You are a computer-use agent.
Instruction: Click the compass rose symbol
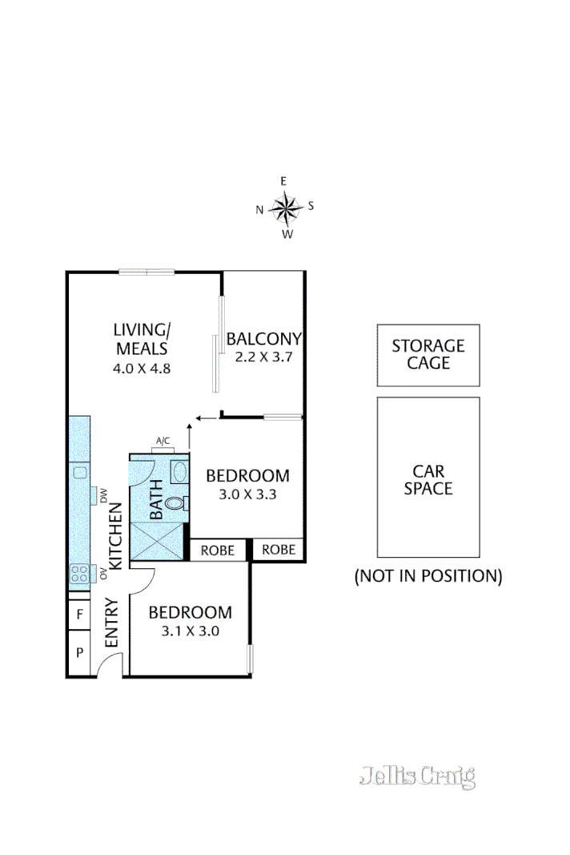pos(285,208)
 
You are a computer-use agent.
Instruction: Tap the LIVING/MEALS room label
pos(141,339)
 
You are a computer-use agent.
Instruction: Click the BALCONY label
pos(263,339)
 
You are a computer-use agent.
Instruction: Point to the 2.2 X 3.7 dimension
pos(263,357)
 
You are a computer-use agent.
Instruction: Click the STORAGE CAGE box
pos(427,355)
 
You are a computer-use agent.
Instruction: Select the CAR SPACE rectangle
pos(427,478)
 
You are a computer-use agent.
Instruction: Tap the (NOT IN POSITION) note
pos(427,575)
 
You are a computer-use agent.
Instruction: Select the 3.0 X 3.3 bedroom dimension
pos(247,494)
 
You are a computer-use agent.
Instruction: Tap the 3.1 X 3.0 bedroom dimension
pos(190,631)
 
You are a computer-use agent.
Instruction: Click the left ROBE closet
pos(217,551)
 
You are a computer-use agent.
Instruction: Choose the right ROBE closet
pos(279,551)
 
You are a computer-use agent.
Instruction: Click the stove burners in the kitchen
pos(80,573)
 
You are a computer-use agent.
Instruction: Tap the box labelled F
pos(79,615)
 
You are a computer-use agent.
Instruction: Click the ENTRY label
pos(111,623)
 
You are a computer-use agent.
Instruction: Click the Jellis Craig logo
pos(416,776)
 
